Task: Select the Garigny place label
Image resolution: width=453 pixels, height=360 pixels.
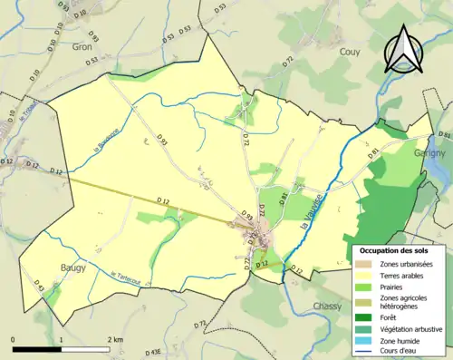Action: (429, 154)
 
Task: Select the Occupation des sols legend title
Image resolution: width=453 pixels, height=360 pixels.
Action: (394, 249)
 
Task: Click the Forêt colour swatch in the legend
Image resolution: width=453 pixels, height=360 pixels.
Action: (363, 318)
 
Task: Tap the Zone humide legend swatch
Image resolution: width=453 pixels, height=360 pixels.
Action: (363, 344)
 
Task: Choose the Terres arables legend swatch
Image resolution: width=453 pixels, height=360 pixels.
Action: (363, 273)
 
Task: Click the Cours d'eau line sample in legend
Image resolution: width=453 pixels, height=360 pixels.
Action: (363, 354)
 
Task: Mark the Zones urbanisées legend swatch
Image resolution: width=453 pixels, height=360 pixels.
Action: (363, 263)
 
